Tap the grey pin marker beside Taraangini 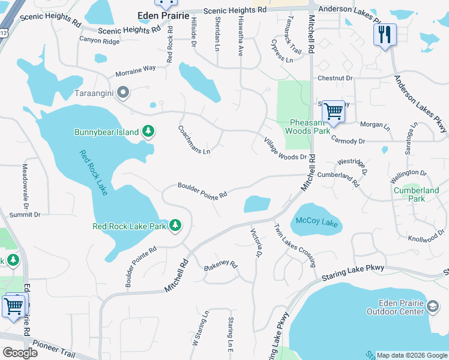click(124, 93)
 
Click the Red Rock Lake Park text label click(129, 226)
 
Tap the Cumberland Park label click(417, 194)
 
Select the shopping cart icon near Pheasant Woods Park click(333, 111)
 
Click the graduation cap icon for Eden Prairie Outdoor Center click(432, 308)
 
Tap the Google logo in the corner click(20, 353)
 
